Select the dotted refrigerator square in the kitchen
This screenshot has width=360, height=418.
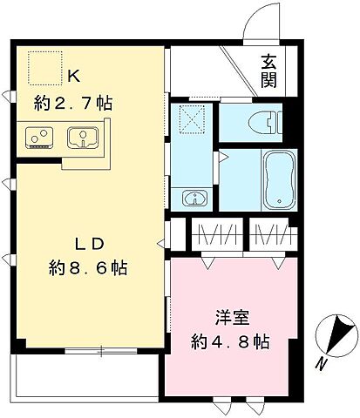[40, 65]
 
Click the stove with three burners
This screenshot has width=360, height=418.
[38, 137]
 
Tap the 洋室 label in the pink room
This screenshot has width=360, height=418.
[229, 317]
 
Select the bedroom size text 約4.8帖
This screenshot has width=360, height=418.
[229, 341]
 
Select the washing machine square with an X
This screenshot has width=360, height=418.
[191, 118]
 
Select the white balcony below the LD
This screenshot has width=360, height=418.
[84, 374]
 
